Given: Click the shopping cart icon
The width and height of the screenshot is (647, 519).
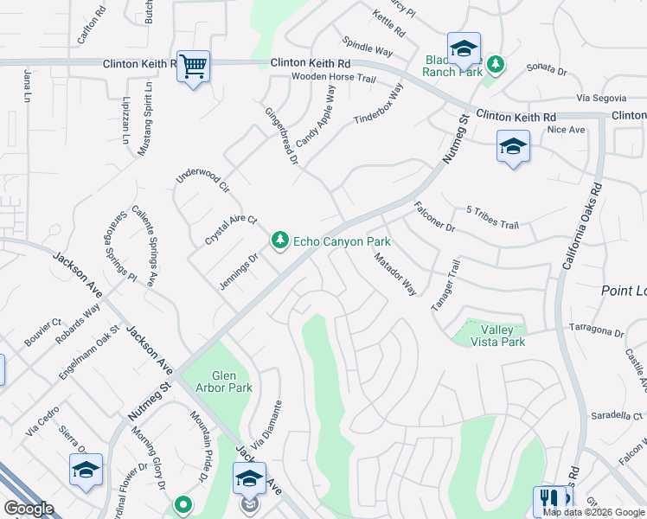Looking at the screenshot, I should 193,66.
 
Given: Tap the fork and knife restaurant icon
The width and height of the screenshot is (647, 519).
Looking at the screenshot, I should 549,499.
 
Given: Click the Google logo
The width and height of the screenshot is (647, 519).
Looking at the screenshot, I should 29,508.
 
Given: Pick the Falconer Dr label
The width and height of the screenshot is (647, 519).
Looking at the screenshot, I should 434,216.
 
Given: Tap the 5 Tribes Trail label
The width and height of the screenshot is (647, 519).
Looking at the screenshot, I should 492,217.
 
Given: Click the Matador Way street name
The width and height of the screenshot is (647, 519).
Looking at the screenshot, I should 395,273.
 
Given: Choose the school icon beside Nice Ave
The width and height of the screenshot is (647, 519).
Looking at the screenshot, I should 513,147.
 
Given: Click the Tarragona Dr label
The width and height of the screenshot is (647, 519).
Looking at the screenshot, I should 596,332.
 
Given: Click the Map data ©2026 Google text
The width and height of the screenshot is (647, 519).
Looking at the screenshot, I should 593,512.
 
